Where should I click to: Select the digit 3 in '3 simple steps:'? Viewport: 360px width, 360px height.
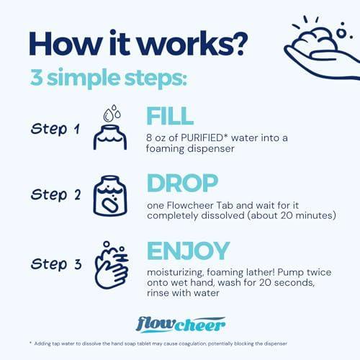click(x=37, y=78)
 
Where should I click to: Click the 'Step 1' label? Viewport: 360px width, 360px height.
click(x=55, y=129)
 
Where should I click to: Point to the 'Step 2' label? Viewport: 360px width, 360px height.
click(x=55, y=194)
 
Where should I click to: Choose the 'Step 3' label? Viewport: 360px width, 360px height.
click(x=56, y=264)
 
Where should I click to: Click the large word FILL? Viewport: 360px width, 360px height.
click(x=170, y=116)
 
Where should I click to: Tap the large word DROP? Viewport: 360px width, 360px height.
click(x=182, y=183)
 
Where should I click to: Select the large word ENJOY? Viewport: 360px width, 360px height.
click(x=189, y=251)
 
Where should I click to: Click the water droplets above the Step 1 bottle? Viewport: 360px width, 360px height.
click(x=112, y=113)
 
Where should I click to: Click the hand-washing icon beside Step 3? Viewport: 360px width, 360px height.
click(x=112, y=265)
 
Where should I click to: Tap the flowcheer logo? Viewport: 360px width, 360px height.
click(x=181, y=325)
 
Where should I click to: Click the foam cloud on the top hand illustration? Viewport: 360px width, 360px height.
click(x=315, y=40)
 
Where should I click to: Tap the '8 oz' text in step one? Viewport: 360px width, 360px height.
click(x=156, y=138)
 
